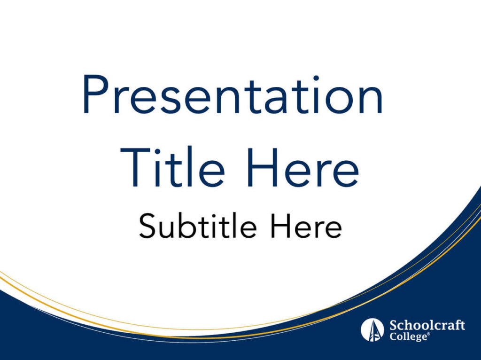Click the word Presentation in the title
tap(233, 94)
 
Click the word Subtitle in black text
tap(198, 226)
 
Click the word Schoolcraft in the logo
tap(427, 325)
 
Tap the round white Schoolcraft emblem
tap(372, 329)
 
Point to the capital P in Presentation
tap(95, 94)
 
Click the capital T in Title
tap(135, 167)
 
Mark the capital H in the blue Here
tap(263, 167)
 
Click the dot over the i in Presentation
tap(316, 78)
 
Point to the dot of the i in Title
tap(157, 152)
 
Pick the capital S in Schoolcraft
tap(394, 325)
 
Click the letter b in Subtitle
tap(187, 226)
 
